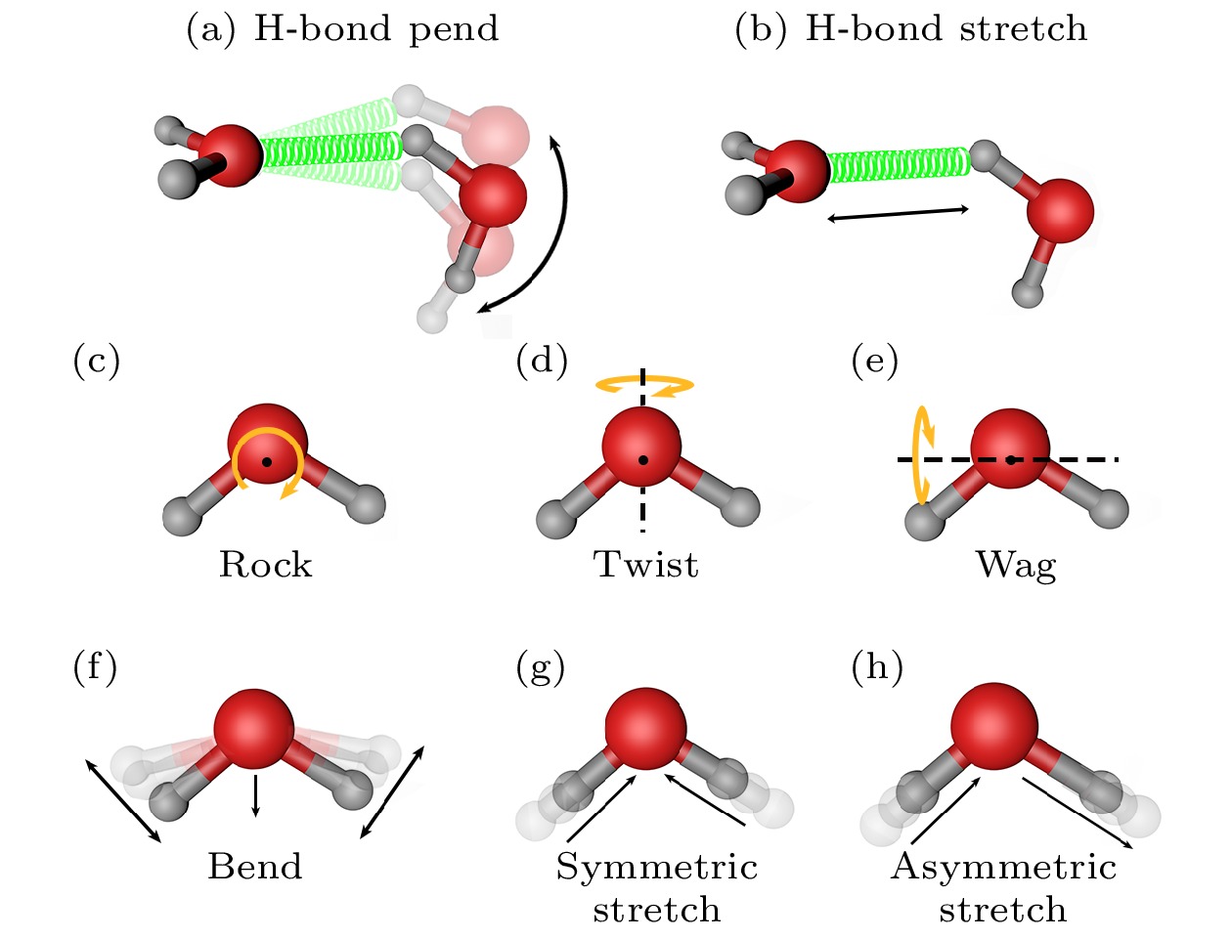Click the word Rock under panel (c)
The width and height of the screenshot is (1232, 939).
[265, 564]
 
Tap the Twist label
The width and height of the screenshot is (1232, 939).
[646, 564]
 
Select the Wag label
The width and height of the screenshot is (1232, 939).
[1017, 566]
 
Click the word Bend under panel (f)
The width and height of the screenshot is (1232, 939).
[255, 867]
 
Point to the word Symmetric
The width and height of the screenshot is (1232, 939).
[657, 869]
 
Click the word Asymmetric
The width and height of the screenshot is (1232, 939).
[1003, 869]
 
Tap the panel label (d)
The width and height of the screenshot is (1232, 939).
[542, 361]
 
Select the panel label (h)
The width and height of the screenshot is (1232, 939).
[877, 667]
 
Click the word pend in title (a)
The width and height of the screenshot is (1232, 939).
[454, 30]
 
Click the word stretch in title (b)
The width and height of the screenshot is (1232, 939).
[1023, 28]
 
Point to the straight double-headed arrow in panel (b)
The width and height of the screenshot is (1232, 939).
[898, 214]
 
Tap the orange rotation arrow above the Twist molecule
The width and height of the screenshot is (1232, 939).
[645, 385]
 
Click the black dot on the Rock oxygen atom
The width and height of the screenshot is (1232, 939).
[267, 462]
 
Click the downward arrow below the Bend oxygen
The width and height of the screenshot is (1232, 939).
[256, 795]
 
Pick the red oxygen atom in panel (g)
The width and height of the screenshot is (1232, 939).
[645, 729]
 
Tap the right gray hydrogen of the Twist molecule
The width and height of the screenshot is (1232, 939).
[740, 507]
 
